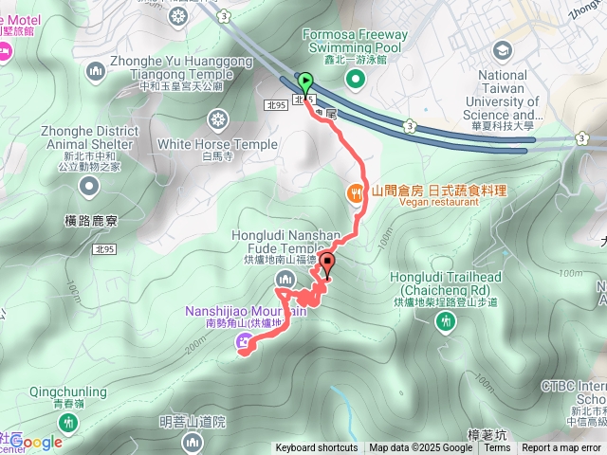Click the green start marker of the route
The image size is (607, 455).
point(304,82)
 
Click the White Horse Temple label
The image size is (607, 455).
point(218,144)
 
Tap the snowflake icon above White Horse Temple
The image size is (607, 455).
point(218,120)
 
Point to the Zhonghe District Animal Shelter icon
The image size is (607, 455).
point(87,186)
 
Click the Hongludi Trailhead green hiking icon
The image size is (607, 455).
point(444,322)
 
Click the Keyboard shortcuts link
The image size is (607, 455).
point(317,448)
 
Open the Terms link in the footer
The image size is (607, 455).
point(497,448)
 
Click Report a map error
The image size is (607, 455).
point(561,448)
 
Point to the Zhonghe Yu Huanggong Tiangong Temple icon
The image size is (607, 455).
point(94,70)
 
